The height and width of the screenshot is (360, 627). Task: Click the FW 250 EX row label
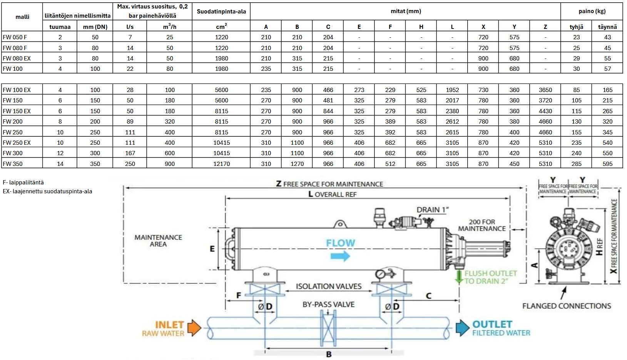tap(17, 142)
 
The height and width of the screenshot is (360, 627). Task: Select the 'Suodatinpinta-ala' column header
tap(221, 12)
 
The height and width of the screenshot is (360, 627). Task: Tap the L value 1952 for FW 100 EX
tap(452, 90)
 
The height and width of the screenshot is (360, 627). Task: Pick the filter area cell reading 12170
tap(221, 164)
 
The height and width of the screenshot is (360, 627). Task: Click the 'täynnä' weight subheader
tap(607, 27)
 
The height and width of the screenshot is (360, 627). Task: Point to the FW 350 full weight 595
tap(608, 164)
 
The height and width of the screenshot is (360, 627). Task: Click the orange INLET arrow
tap(194, 328)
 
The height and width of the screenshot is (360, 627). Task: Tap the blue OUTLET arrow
tap(462, 328)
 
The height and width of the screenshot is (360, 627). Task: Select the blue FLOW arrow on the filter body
tap(340, 256)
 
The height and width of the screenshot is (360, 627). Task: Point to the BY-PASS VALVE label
tap(329, 305)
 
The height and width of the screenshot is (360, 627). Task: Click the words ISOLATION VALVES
tap(329, 286)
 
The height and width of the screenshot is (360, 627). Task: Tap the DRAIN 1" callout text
tap(433, 210)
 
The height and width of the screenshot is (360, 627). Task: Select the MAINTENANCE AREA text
tap(158, 241)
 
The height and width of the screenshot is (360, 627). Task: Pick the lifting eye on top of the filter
tap(339, 224)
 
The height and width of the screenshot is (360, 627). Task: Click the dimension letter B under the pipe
tap(329, 354)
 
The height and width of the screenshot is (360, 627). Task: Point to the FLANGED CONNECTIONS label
tap(567, 306)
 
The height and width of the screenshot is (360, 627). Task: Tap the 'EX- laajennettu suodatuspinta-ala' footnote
tap(47, 191)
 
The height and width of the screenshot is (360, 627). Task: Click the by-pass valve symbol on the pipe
tap(328, 328)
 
